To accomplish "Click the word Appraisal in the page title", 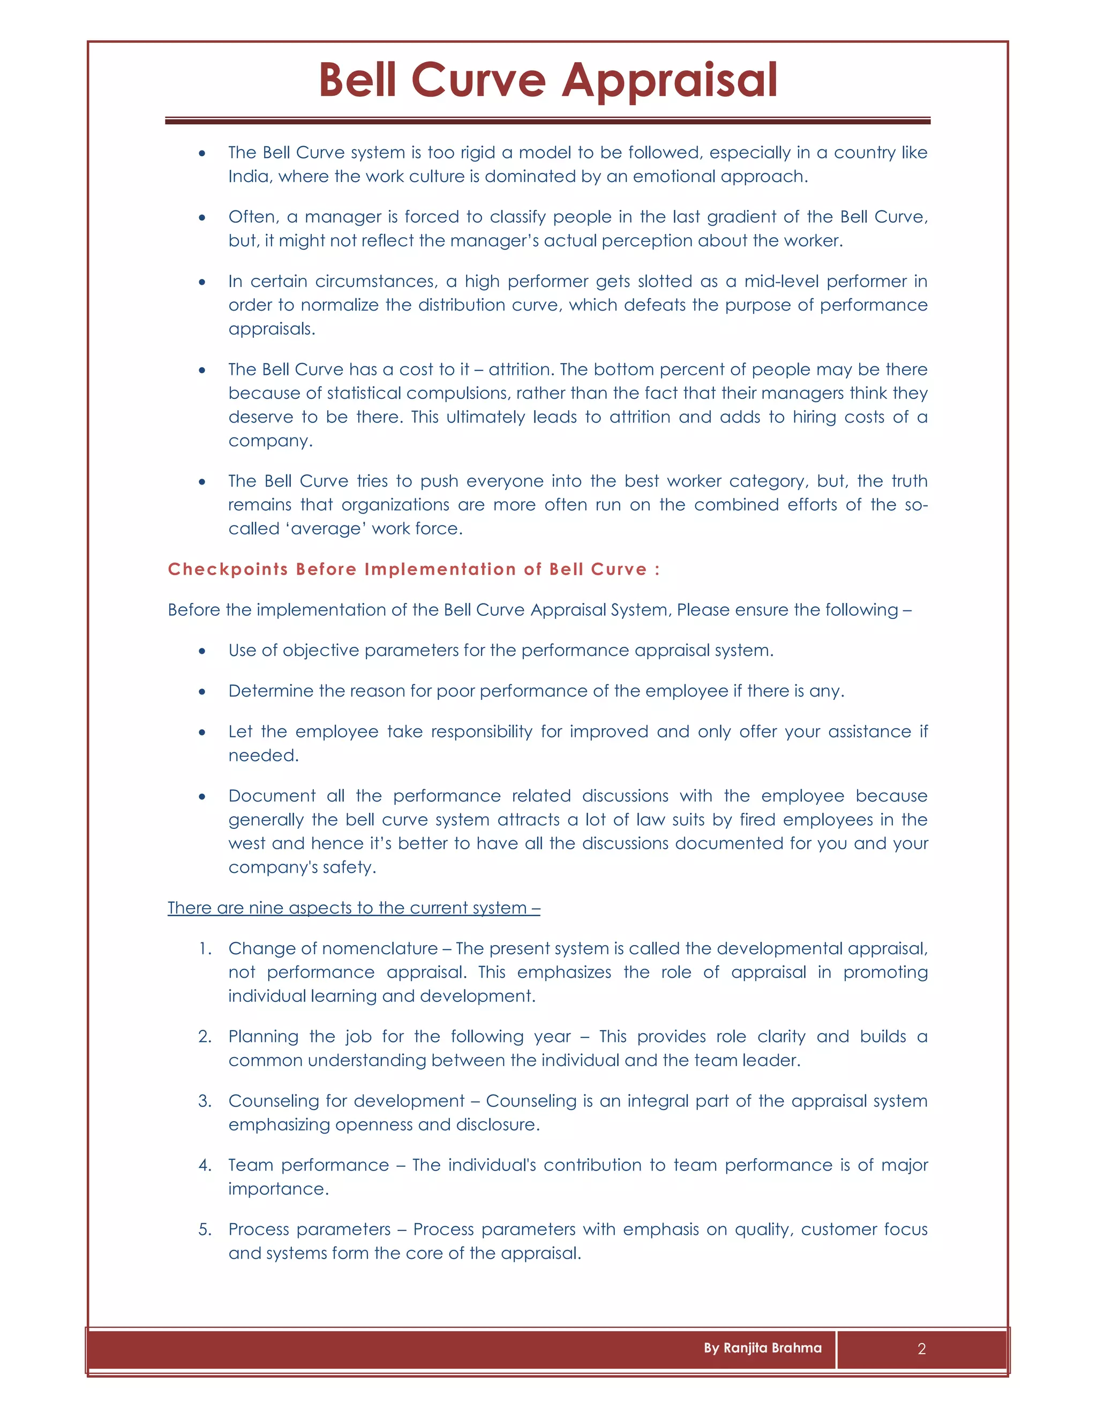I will (670, 80).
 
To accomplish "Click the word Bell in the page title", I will (357, 80).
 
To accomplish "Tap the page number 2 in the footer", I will (921, 1349).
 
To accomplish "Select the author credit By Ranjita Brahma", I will (762, 1348).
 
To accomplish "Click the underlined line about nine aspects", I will (354, 908).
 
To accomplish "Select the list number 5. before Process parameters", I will (205, 1230).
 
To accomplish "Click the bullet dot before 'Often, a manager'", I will (202, 217).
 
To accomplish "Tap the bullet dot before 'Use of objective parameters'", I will (202, 651).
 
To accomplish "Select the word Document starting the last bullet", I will (272, 796).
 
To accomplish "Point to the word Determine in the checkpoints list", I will (271, 691).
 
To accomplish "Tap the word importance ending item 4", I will (278, 1189).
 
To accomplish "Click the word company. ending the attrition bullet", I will (271, 441).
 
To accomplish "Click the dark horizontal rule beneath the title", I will (547, 121).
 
